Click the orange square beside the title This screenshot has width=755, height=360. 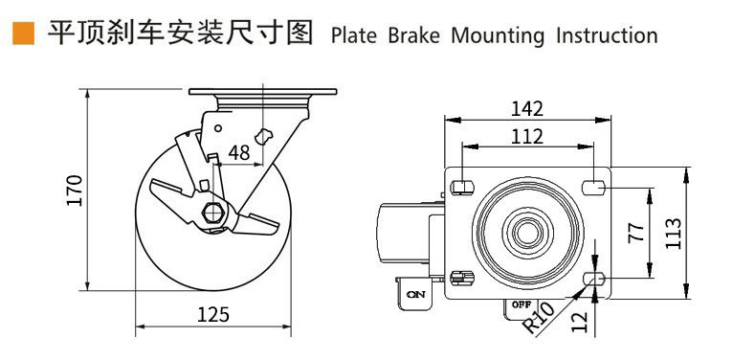pos(24,34)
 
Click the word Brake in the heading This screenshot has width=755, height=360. pos(414,35)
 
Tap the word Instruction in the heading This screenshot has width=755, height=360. pos(607,35)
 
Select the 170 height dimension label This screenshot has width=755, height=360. pos(75,191)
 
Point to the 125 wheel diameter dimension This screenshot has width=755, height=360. pos(213,315)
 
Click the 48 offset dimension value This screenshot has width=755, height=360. pos(239,153)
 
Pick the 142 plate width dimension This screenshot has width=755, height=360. pos(526,109)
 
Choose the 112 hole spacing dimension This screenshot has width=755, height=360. pos(526,137)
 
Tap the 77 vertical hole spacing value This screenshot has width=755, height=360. pos(636,233)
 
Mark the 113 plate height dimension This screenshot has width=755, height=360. pos(673,234)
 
